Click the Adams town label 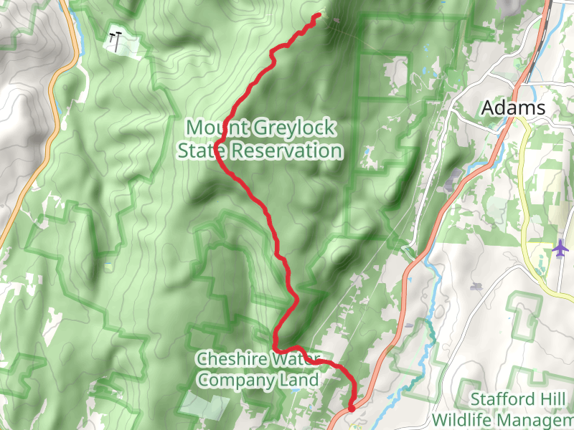[x=513, y=108]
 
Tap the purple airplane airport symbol [x=560, y=248]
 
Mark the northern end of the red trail [x=318, y=15]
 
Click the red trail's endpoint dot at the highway [x=352, y=408]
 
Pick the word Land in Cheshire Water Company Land [x=302, y=380]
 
